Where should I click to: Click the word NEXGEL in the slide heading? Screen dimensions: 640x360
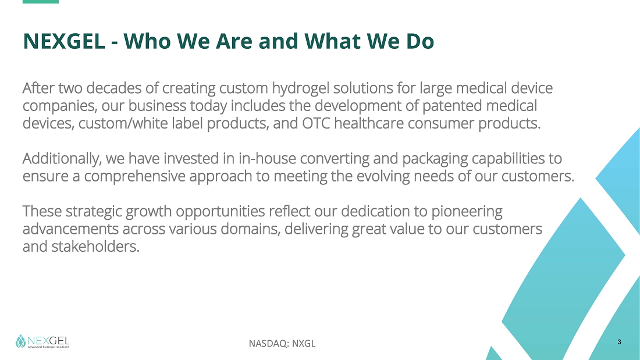pyautogui.click(x=63, y=41)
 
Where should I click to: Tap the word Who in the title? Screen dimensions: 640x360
pyautogui.click(x=147, y=41)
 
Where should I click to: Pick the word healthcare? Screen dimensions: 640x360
pyautogui.click(x=369, y=123)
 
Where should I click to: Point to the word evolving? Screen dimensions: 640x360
pyautogui.click(x=383, y=177)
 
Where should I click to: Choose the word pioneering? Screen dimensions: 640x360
pyautogui.click(x=467, y=212)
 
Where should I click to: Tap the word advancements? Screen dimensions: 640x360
pyautogui.click(x=70, y=229)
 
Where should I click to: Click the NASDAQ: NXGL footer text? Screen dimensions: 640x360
pyautogui.click(x=282, y=343)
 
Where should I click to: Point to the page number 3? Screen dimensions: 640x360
pyautogui.click(x=619, y=342)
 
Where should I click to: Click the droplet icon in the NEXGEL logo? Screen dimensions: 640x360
pyautogui.click(x=20, y=341)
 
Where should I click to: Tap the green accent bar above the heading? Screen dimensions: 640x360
pyautogui.click(x=40, y=2)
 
